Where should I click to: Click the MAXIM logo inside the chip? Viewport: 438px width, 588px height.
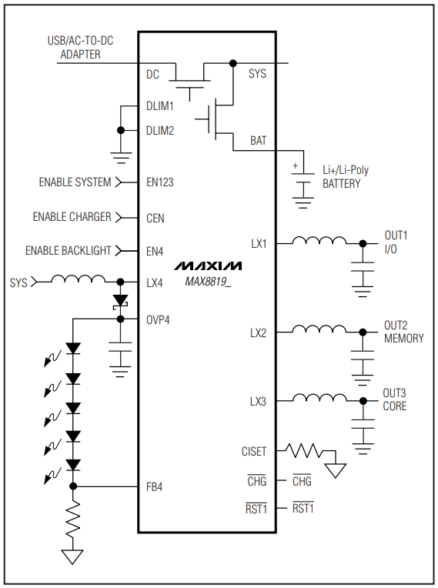click(x=207, y=266)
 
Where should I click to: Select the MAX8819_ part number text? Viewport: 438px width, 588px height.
click(x=207, y=282)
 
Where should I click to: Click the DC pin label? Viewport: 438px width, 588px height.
click(x=152, y=75)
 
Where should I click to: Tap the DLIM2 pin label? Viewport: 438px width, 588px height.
click(x=160, y=131)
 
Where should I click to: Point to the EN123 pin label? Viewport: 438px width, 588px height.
click(x=160, y=183)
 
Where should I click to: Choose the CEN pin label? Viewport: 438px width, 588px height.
click(x=155, y=218)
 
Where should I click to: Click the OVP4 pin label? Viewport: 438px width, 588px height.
click(x=159, y=319)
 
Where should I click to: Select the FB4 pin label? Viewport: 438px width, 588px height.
click(x=155, y=487)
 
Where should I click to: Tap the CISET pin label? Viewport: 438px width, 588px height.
click(x=253, y=452)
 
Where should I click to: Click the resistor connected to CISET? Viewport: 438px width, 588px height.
click(x=305, y=449)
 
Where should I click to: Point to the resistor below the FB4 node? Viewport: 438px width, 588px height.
click(x=73, y=521)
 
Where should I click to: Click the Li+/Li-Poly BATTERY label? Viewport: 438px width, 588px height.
click(x=345, y=176)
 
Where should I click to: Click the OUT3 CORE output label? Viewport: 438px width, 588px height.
click(x=395, y=399)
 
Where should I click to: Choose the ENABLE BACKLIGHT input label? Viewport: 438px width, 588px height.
click(x=68, y=251)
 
